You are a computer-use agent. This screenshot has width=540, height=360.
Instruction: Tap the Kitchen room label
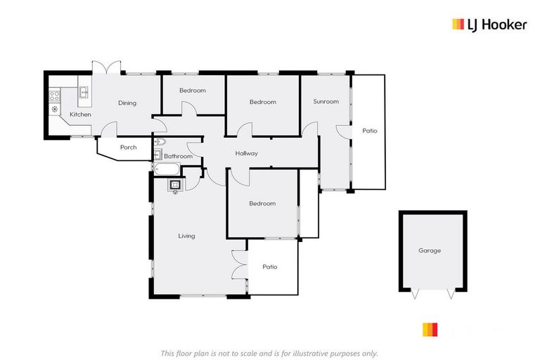click(80, 115)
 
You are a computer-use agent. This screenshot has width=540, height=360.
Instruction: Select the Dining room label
click(127, 103)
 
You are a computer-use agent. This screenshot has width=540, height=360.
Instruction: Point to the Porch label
click(128, 148)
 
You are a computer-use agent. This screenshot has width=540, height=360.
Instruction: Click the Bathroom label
click(179, 156)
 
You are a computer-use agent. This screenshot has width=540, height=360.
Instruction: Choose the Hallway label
click(247, 154)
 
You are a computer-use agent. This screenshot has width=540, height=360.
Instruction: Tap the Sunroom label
click(326, 102)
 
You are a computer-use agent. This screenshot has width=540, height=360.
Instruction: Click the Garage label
click(430, 251)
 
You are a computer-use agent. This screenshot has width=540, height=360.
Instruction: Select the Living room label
click(186, 236)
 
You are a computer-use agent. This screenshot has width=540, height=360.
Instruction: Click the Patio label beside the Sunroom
click(370, 131)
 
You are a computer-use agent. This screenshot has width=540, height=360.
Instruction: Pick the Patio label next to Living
click(270, 267)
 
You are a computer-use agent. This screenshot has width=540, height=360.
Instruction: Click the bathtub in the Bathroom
click(166, 169)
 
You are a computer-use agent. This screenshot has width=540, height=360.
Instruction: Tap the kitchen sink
click(83, 92)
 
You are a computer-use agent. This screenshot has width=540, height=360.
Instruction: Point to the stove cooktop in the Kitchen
click(54, 96)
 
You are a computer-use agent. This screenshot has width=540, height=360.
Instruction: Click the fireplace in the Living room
click(175, 185)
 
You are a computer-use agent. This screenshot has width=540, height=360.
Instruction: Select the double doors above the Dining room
click(107, 67)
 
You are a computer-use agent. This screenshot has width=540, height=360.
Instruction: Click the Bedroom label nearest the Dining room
click(192, 91)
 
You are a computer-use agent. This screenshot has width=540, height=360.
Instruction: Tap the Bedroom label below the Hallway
click(262, 204)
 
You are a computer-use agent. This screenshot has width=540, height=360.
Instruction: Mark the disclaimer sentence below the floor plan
click(269, 353)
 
